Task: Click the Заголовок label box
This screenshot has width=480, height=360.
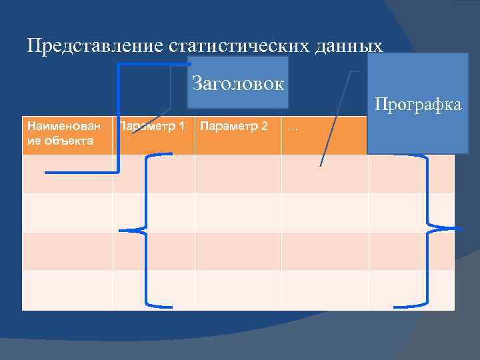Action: [x=237, y=83]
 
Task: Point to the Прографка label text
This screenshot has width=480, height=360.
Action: [x=418, y=105]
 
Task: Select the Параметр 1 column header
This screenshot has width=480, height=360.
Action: [x=153, y=126]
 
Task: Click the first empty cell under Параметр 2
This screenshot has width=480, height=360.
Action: [x=238, y=174]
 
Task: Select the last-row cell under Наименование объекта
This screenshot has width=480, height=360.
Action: [x=67, y=290]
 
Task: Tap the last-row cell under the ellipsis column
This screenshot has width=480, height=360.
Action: [x=324, y=290]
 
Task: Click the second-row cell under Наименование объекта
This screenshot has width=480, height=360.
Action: [x=67, y=213]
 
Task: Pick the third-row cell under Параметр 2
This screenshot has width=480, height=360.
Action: [x=238, y=251]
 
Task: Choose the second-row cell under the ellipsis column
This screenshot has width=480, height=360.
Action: [x=324, y=213]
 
